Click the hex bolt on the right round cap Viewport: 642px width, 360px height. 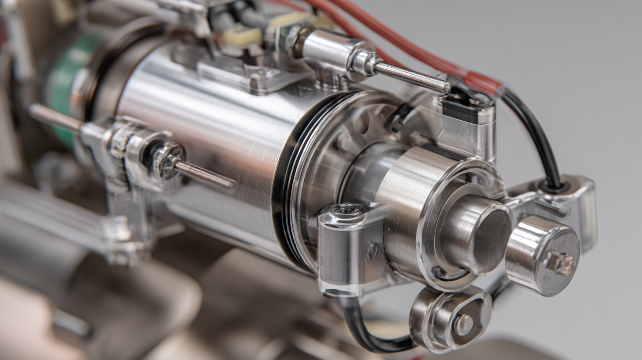561,263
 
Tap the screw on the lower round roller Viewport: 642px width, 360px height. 463,324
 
